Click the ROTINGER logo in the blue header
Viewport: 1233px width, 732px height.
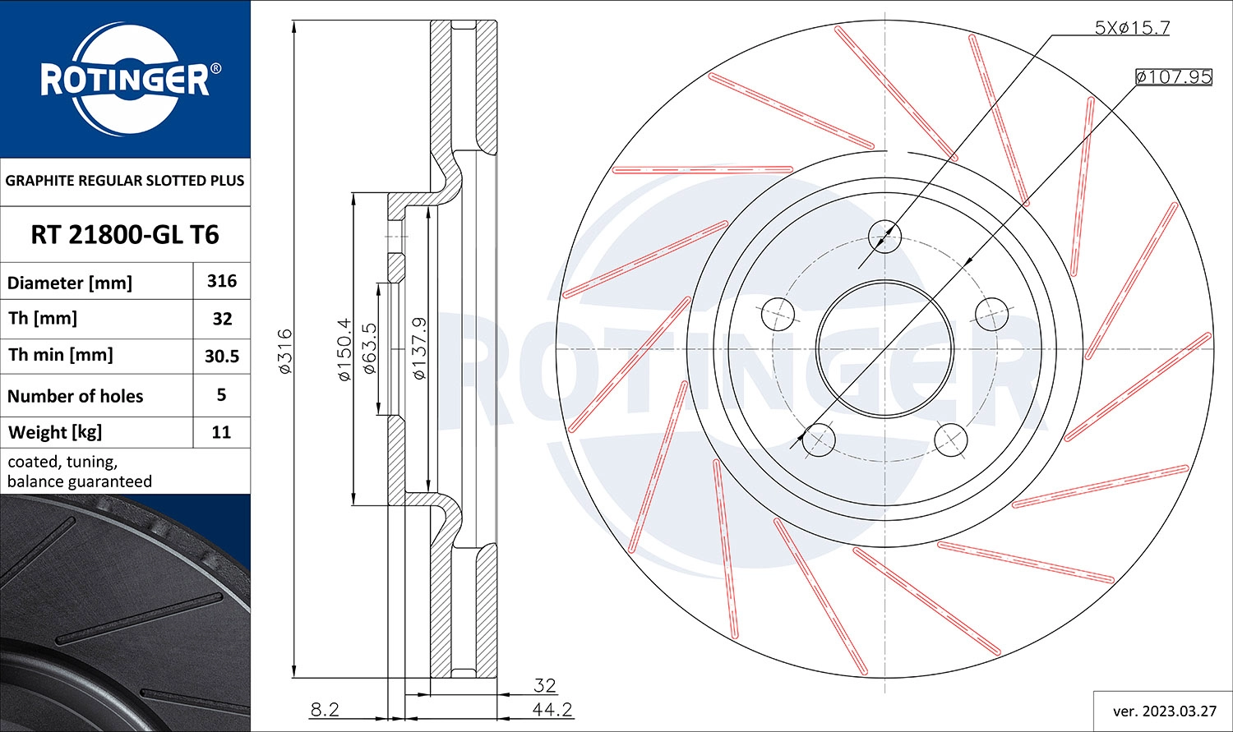click(125, 80)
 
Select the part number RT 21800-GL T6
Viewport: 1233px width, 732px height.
click(125, 235)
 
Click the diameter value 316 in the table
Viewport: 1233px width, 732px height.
click(222, 281)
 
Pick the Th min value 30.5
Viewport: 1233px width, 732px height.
click(222, 356)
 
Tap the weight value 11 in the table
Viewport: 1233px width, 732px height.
click(221, 432)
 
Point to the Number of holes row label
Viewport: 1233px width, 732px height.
click(76, 396)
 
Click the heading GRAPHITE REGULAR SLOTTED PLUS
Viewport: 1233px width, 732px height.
click(125, 181)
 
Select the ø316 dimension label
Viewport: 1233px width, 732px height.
click(284, 352)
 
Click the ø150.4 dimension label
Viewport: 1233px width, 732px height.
click(344, 349)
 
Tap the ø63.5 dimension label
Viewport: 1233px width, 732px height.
click(369, 348)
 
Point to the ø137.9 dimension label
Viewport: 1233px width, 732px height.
click(419, 348)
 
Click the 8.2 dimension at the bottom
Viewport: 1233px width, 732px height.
click(325, 709)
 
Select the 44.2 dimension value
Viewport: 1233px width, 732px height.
click(552, 709)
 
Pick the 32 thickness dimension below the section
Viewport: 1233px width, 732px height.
click(544, 684)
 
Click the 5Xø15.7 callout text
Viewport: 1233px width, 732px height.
click(1131, 27)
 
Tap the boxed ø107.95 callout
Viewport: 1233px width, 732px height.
click(1173, 76)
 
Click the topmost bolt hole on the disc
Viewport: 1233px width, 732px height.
click(884, 237)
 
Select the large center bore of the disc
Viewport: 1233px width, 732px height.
click(884, 348)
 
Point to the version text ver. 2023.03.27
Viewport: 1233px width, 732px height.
click(1162, 711)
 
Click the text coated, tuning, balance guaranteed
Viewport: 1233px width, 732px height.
click(80, 472)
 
